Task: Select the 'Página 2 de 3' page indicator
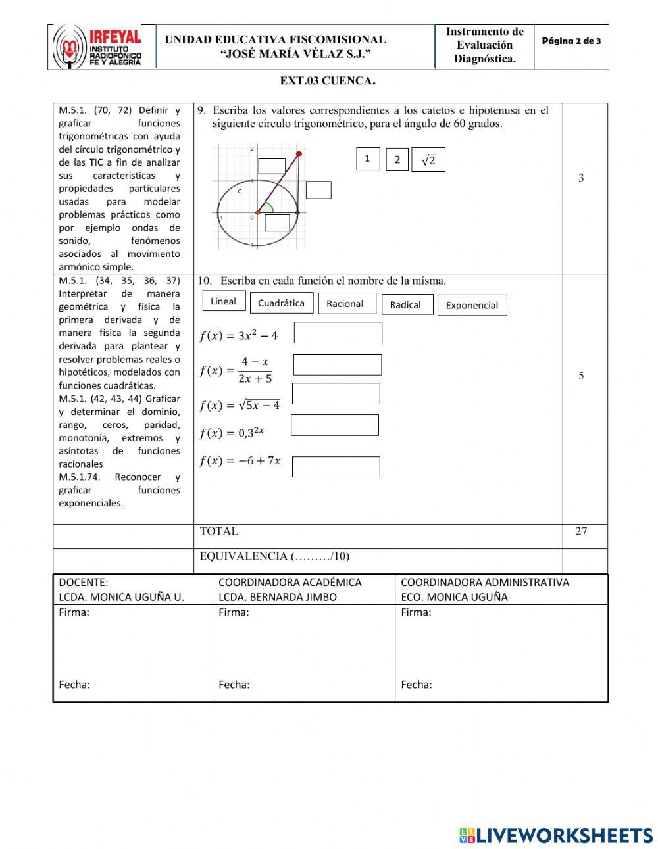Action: [x=571, y=41]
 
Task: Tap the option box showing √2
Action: [x=428, y=160]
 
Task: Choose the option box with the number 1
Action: [x=368, y=158]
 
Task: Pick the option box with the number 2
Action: [x=397, y=160]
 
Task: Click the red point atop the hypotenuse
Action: [x=299, y=154]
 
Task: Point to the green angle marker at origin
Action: [x=268, y=208]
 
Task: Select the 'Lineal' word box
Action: [x=224, y=301]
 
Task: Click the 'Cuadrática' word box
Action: [x=281, y=303]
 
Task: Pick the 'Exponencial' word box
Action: [x=472, y=305]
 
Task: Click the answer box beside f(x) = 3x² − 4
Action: [x=338, y=333]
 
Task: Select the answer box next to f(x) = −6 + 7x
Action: [x=336, y=467]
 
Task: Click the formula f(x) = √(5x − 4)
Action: [x=240, y=405]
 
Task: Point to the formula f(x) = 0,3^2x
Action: [x=232, y=433]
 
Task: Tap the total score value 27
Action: [x=581, y=531]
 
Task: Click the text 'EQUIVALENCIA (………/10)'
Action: [x=274, y=556]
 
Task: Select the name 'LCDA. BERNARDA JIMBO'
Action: [x=277, y=597]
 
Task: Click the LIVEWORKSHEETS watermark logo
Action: [x=556, y=835]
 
